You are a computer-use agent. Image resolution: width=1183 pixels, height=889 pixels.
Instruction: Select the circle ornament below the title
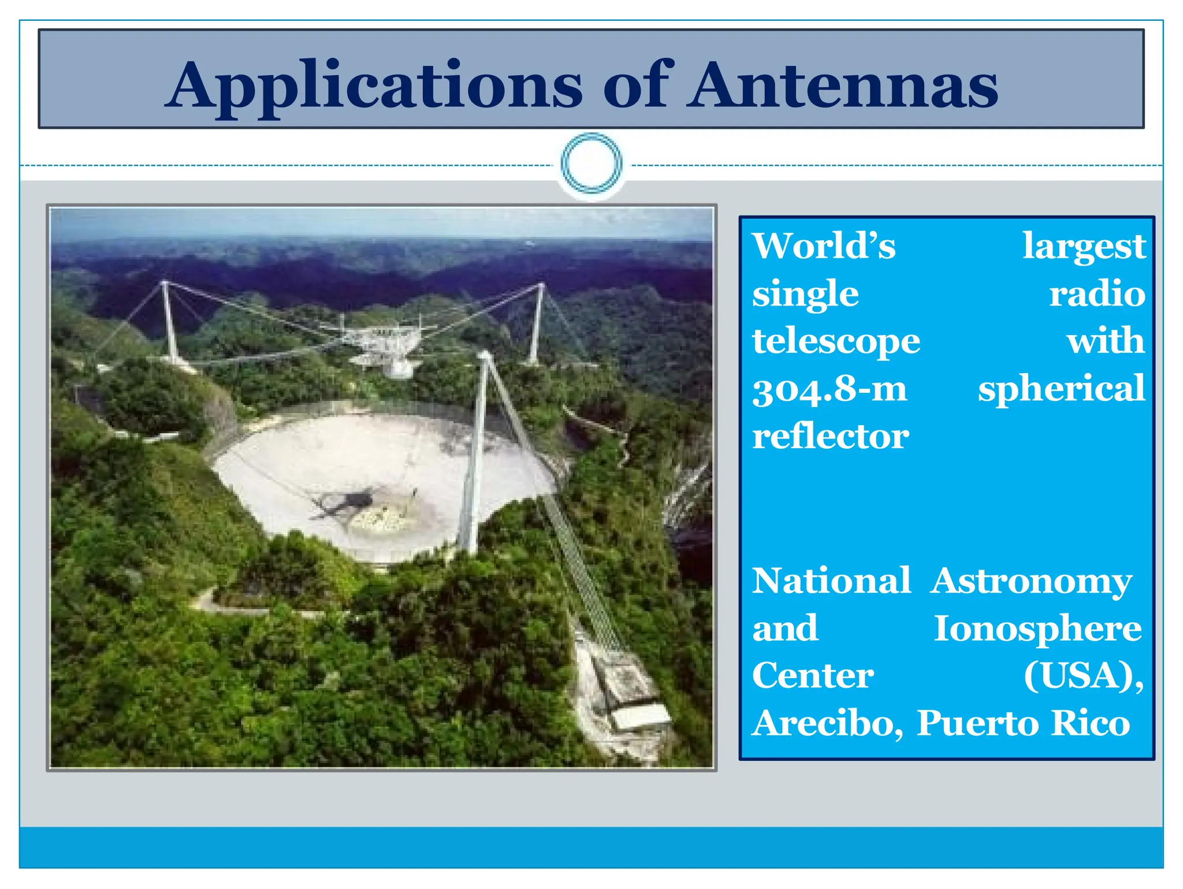591,163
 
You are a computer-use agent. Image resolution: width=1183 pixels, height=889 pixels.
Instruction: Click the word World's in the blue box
824,246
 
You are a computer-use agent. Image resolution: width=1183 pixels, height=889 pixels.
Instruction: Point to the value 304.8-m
829,389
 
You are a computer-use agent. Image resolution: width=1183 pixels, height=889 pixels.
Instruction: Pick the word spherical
1061,389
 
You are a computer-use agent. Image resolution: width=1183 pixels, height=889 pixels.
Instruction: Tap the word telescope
836,341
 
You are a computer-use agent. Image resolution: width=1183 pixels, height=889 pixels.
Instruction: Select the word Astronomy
1031,581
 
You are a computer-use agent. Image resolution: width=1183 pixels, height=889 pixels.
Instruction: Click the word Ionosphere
1037,628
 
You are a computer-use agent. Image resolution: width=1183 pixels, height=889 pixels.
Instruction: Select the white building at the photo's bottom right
640,716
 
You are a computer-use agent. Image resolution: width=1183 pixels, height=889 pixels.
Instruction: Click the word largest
1084,246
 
